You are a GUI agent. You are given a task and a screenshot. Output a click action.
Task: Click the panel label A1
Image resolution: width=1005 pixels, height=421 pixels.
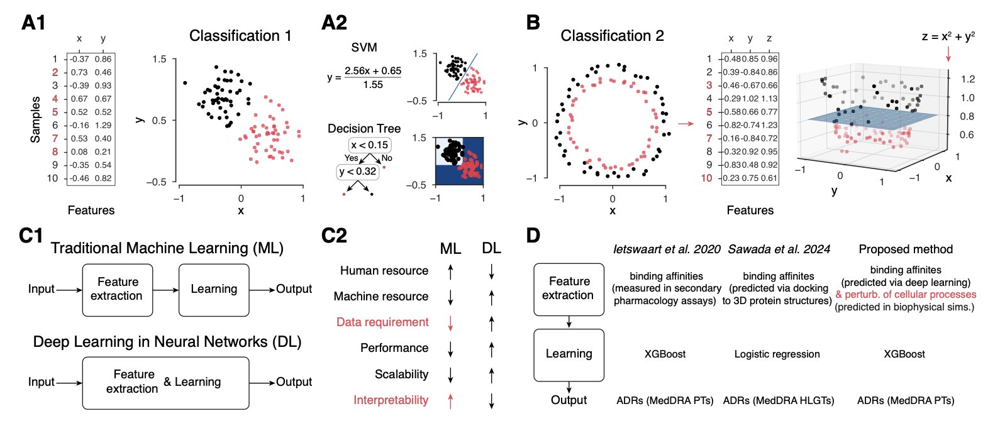point(33,23)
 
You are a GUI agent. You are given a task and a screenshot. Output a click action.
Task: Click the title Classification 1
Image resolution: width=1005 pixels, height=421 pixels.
point(240,36)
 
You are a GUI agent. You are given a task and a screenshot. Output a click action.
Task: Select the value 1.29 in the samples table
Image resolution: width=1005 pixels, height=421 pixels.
point(103,125)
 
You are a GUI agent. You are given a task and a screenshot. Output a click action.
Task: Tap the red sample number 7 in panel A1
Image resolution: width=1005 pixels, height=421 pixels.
point(55,138)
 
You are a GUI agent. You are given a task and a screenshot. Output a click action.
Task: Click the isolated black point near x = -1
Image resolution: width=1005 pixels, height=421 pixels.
point(185,83)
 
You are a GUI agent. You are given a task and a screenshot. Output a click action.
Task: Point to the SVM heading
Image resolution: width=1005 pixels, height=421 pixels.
point(364,48)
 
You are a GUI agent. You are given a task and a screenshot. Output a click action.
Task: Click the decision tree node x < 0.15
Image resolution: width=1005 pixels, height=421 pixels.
point(370,145)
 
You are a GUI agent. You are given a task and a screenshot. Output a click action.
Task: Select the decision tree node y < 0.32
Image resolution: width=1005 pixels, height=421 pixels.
point(357,171)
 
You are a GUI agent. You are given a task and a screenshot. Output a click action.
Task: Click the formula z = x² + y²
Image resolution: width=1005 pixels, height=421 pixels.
point(948,36)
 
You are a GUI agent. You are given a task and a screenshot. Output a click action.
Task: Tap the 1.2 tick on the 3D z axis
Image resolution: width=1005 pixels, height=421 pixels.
point(967,79)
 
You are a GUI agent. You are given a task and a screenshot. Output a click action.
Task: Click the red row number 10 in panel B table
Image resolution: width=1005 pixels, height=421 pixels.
point(706,178)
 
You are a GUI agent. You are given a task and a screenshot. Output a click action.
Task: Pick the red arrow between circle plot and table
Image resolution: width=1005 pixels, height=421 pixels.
point(686,124)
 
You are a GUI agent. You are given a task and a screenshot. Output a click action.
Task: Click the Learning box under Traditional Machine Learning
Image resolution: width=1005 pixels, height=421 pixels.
point(214,289)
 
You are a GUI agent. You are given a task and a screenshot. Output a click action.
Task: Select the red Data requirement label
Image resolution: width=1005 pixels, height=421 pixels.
point(382,322)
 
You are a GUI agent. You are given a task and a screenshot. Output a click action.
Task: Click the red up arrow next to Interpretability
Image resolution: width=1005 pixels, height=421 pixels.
point(450,400)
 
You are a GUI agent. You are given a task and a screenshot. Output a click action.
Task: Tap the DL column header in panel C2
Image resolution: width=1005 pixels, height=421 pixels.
point(491,248)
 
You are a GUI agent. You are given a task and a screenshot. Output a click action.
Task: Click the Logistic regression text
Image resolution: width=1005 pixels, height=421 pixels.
point(777,354)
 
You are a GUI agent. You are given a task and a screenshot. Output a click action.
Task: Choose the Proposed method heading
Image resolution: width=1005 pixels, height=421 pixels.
point(906,249)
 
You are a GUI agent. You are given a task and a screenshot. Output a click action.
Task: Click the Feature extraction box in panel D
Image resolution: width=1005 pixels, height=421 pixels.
point(569,289)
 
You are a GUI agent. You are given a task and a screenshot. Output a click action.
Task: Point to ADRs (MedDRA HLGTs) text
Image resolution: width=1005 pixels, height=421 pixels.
point(778,401)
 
